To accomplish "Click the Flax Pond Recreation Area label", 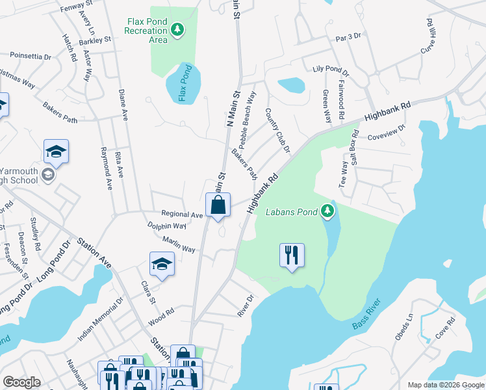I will [x=147, y=31].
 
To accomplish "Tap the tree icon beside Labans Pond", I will [x=328, y=211].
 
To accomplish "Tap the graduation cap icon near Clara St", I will [x=162, y=263].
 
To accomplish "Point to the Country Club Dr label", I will [x=277, y=131].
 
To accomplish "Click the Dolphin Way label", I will [x=168, y=226].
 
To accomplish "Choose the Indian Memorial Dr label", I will [x=100, y=320].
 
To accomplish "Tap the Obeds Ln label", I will [x=403, y=328].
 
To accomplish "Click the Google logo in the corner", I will [x=21, y=382].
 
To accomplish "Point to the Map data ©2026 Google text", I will [x=445, y=384].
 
